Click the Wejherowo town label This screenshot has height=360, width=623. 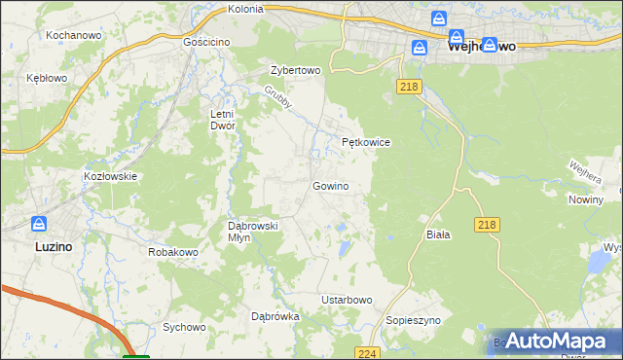480,46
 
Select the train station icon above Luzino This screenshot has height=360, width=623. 39,225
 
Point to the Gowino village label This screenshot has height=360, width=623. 330,186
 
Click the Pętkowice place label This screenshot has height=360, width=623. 366,142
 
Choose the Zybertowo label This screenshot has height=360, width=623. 295,71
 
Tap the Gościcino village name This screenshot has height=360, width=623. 205,44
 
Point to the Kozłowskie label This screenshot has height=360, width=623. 111,176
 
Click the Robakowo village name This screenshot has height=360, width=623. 173,252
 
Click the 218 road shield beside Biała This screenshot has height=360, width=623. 488,225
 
